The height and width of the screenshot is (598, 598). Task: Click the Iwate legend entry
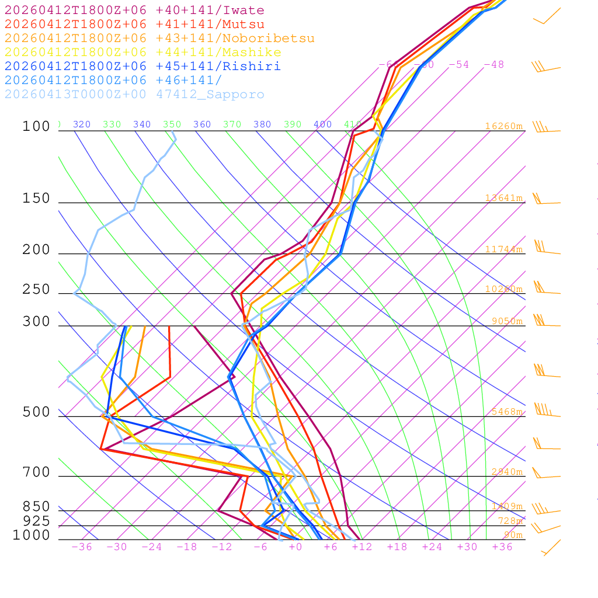pyautogui.click(x=134, y=11)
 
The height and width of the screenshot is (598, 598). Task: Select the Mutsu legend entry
pyautogui.click(x=134, y=25)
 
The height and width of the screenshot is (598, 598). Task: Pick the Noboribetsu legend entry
pyautogui.click(x=159, y=39)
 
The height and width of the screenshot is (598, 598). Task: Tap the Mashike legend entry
pyautogui.click(x=142, y=53)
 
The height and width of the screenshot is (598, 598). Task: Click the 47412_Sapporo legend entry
pyautogui.click(x=134, y=95)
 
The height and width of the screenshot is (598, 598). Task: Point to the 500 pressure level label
pyautogui.click(x=37, y=412)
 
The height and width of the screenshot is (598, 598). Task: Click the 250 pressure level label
pyautogui.click(x=37, y=290)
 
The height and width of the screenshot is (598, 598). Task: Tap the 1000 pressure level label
pyautogui.click(x=32, y=535)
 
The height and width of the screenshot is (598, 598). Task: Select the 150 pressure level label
pyautogui.click(x=37, y=199)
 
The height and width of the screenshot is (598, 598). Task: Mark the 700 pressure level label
pyautogui.click(x=37, y=472)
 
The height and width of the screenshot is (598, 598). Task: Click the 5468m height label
pyautogui.click(x=503, y=412)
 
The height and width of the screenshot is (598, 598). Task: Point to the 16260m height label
pyautogui.click(x=503, y=126)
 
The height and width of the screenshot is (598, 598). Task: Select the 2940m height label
pyautogui.click(x=506, y=472)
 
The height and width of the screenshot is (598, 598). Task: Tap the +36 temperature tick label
pyautogui.click(x=502, y=547)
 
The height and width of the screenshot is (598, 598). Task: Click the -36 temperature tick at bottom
pyautogui.click(x=82, y=547)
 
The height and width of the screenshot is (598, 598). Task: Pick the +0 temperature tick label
pyautogui.click(x=295, y=547)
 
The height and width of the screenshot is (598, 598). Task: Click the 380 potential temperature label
pyautogui.click(x=262, y=124)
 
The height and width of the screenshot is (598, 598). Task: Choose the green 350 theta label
pyautogui.click(x=172, y=124)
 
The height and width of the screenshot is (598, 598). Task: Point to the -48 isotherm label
pyautogui.click(x=493, y=65)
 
